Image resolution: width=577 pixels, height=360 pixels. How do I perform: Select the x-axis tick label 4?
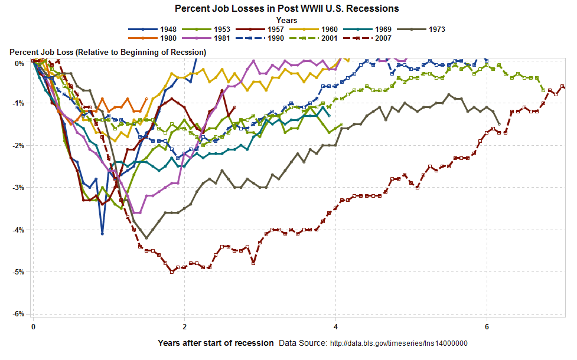tap(336, 326)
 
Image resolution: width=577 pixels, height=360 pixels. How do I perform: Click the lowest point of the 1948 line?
tap(102, 234)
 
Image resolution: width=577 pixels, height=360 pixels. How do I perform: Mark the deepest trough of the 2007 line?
tap(172, 271)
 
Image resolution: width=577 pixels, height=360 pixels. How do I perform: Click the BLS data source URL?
tap(398, 343)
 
